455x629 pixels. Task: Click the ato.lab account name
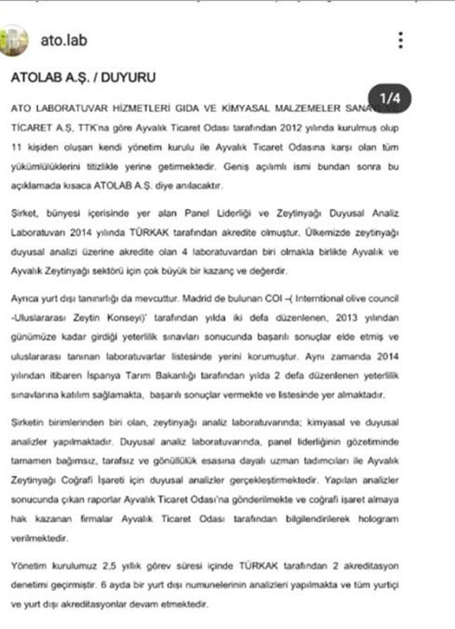(64, 40)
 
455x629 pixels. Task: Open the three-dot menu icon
(401, 40)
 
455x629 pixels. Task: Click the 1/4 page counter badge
(389, 99)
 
